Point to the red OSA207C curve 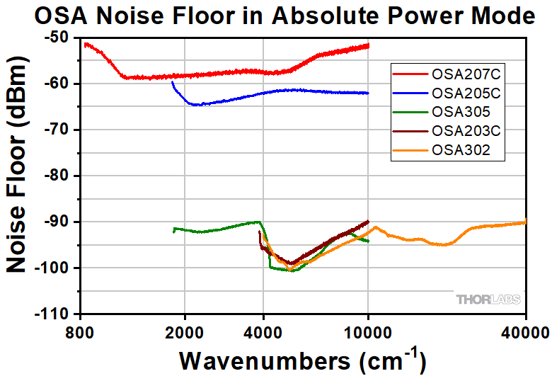coord(212,74)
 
